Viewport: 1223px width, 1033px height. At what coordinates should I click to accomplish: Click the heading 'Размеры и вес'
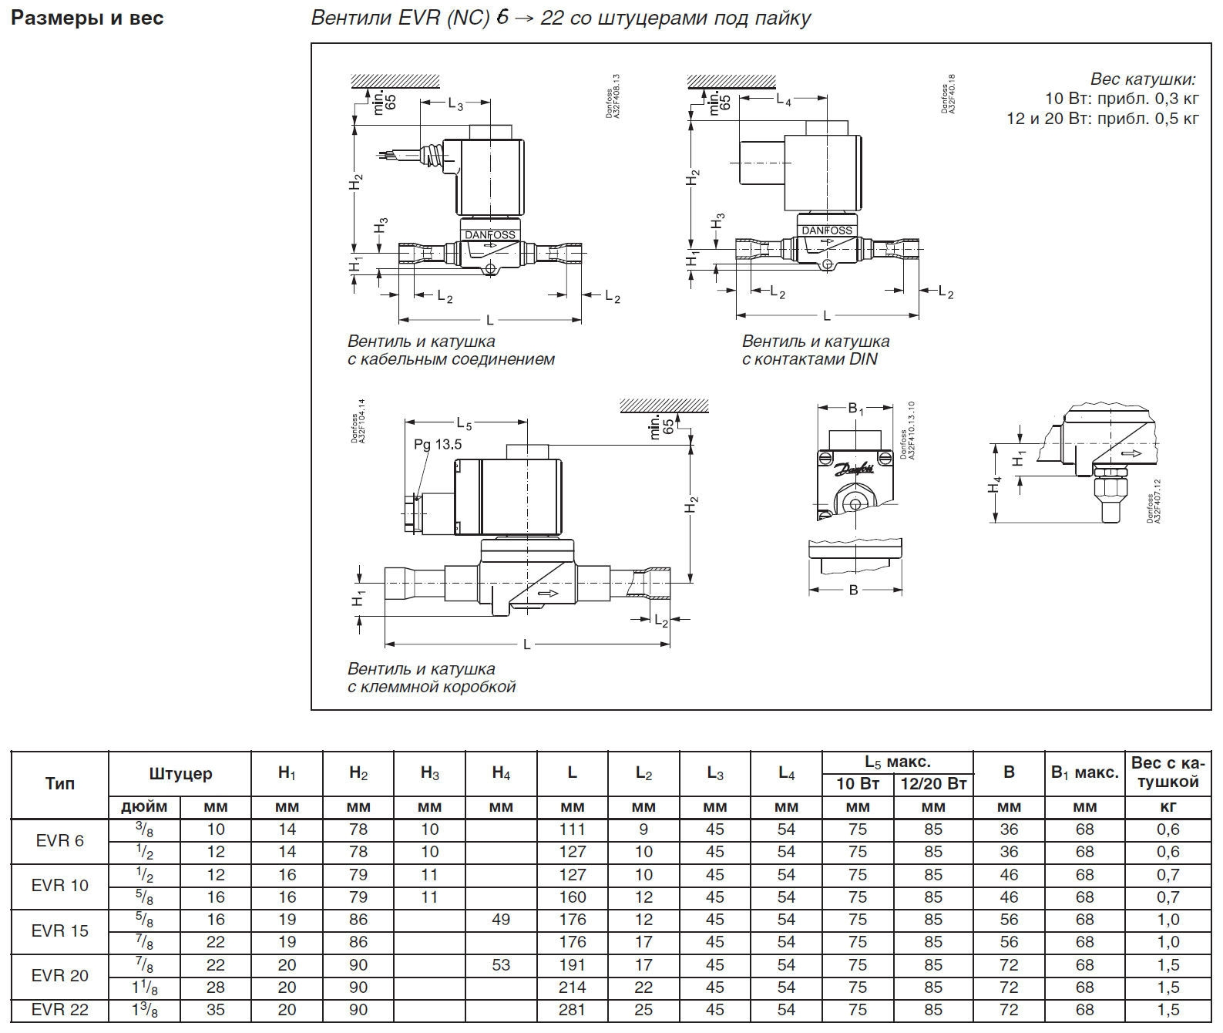87,19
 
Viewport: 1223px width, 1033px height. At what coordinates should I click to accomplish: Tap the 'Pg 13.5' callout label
438,444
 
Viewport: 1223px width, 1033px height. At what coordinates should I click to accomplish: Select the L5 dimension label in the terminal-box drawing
464,423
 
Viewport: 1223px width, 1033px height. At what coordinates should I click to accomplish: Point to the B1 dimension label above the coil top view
855,409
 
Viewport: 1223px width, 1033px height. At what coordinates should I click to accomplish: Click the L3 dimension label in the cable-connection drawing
455,104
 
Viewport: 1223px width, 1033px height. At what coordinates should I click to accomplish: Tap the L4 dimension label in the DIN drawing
783,99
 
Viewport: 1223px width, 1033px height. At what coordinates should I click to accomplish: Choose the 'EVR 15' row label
60,931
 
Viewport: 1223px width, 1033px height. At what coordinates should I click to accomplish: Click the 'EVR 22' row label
60,1010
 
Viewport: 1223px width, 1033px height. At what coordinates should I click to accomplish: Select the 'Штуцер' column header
180,773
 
